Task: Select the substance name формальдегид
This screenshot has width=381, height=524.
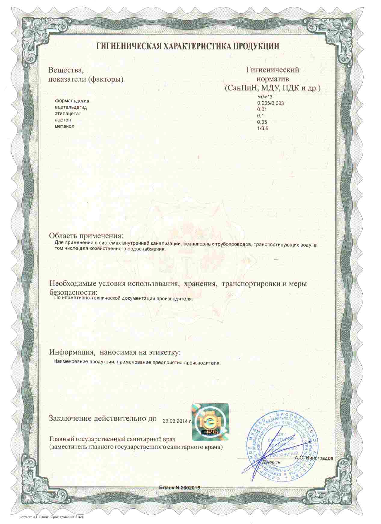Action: coord(72,101)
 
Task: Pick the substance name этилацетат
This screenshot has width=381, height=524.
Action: coord(68,114)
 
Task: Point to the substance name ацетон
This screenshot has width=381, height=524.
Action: coord(63,120)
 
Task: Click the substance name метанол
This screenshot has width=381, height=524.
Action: coord(64,126)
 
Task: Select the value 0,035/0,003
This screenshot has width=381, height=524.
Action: coord(270,103)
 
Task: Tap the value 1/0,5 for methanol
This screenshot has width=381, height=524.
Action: coord(263,129)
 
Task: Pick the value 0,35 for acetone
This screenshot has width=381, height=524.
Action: coord(262,122)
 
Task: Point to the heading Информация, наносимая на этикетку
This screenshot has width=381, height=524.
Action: coord(115,352)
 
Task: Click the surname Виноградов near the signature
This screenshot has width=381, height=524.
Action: coord(320,458)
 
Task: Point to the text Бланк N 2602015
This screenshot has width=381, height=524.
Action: coord(180,487)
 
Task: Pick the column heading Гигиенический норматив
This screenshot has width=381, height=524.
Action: coord(272,75)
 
